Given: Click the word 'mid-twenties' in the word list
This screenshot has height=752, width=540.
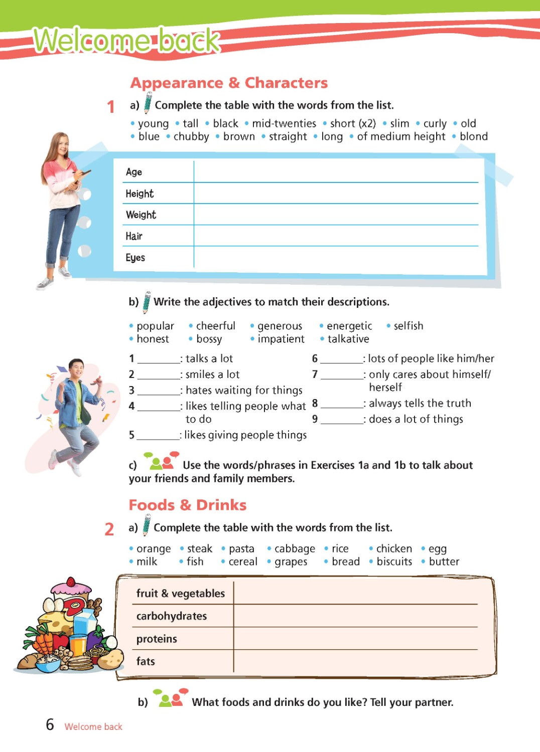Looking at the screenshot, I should (284, 123).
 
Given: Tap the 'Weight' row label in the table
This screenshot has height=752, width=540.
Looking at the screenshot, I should (141, 215).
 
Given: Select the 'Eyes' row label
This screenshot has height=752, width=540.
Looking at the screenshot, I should (135, 258).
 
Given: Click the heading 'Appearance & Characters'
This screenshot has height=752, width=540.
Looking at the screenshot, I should (229, 83).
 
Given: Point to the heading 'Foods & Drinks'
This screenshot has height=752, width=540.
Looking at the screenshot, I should (187, 505).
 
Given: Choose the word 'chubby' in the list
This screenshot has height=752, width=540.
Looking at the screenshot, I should (191, 136).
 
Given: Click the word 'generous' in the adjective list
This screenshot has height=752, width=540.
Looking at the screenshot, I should (280, 326).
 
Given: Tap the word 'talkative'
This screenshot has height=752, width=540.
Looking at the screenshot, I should (348, 339).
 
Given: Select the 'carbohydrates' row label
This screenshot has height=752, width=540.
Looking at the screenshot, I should (172, 616).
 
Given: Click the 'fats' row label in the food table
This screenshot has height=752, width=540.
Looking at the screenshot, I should (146, 661).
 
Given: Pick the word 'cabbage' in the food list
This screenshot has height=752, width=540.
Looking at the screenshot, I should (295, 548).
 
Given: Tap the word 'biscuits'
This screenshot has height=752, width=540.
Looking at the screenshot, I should (394, 561).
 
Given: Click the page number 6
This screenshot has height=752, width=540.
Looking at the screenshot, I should (50, 724).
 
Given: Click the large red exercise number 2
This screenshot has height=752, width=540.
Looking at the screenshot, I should (109, 529).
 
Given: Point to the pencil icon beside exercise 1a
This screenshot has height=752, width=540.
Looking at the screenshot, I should (148, 103).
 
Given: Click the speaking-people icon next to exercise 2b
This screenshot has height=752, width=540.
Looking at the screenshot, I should (170, 698).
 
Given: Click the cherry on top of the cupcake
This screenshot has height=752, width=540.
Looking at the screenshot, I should (72, 582).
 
